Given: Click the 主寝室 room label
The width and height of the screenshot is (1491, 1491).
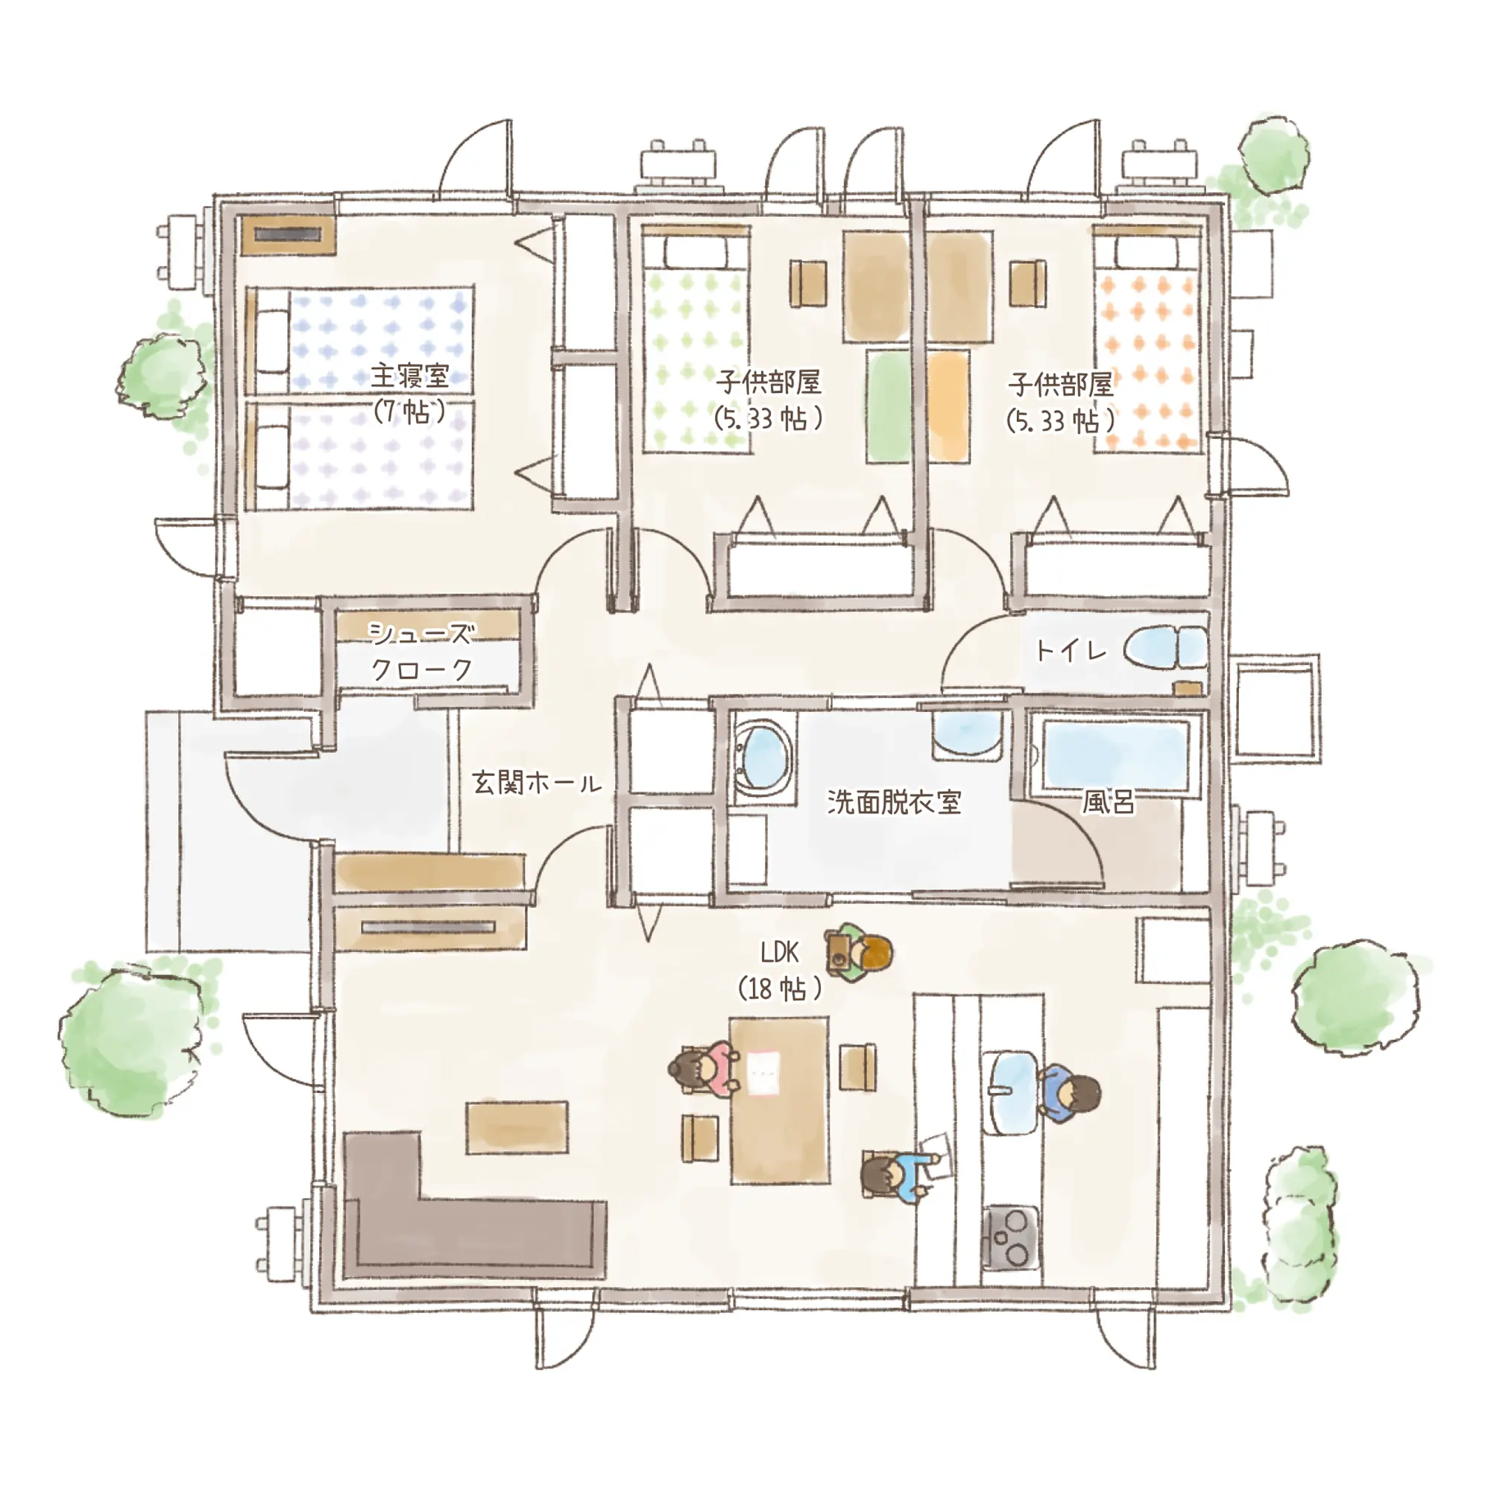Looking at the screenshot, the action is pos(410,376).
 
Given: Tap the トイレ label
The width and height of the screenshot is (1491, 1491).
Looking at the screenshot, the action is pos(1071,651).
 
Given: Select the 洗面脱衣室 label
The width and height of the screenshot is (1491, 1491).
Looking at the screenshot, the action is pos(895,802).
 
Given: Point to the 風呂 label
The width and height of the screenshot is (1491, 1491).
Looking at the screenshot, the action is pos(1109,803).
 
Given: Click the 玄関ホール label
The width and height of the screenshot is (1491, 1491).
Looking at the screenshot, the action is pos(537,784).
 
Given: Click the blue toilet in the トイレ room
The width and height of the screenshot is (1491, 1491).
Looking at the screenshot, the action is pos(1164,646).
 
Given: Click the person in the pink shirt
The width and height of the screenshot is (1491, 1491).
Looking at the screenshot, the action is pos(703,1069).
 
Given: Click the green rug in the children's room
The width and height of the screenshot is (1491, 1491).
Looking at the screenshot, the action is pos(887,407).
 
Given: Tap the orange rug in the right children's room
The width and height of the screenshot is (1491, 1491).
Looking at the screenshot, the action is pos(948,407).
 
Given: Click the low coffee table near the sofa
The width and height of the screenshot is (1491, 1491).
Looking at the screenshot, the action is pos(517,1127).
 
